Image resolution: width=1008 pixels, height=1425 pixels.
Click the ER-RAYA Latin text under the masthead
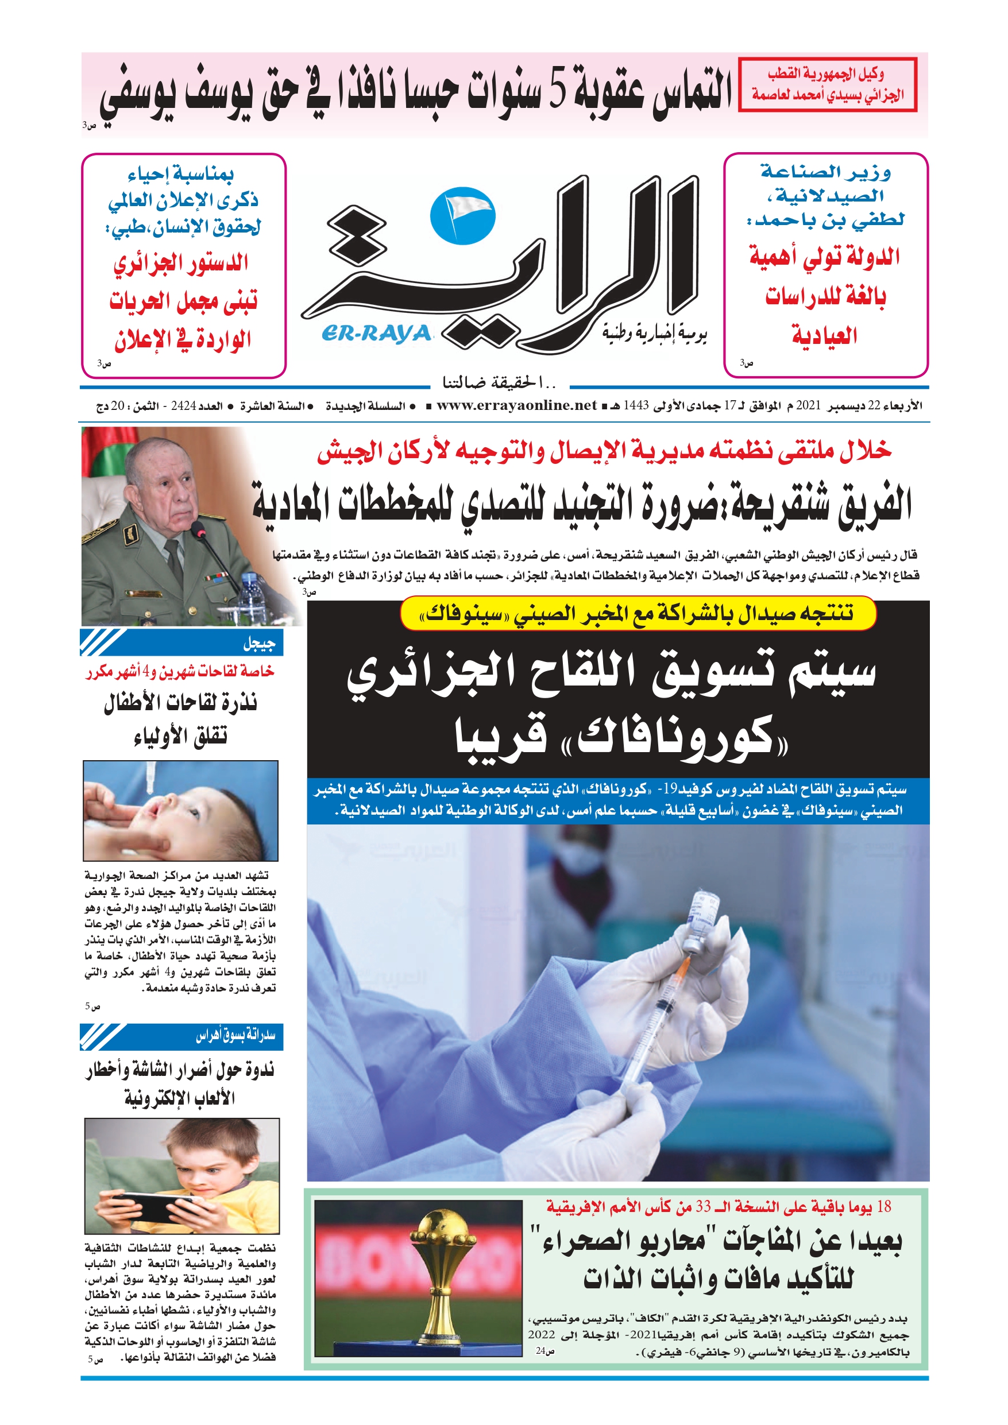[376, 334]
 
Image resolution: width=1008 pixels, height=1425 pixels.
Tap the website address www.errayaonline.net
[516, 406]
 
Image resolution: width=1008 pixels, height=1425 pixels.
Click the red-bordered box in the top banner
[827, 84]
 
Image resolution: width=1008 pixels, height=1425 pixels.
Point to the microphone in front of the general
[199, 530]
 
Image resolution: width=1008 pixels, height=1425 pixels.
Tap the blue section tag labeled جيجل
[258, 644]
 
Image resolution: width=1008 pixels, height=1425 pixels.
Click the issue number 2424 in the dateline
[184, 406]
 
